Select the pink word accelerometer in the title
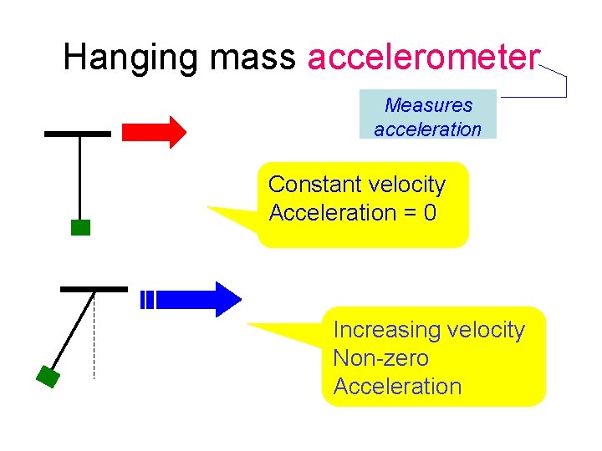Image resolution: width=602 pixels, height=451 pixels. [423, 58]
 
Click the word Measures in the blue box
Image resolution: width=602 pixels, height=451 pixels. [428, 105]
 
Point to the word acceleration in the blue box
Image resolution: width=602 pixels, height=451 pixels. [428, 129]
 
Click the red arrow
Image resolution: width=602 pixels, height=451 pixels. [154, 132]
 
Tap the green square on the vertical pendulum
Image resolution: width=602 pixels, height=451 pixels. [80, 227]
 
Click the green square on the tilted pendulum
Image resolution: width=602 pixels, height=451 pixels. [48, 378]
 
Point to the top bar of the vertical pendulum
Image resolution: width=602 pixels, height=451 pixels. [78, 133]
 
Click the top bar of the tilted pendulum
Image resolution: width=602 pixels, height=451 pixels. [94, 288]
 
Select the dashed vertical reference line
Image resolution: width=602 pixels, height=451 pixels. [94, 342]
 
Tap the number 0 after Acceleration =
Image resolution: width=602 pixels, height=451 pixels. [430, 213]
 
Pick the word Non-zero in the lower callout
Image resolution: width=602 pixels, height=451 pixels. [380, 358]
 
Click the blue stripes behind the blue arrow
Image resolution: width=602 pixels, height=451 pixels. [148, 299]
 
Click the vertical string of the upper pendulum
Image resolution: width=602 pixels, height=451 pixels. [79, 177]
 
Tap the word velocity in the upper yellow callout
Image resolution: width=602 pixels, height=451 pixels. [407, 185]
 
